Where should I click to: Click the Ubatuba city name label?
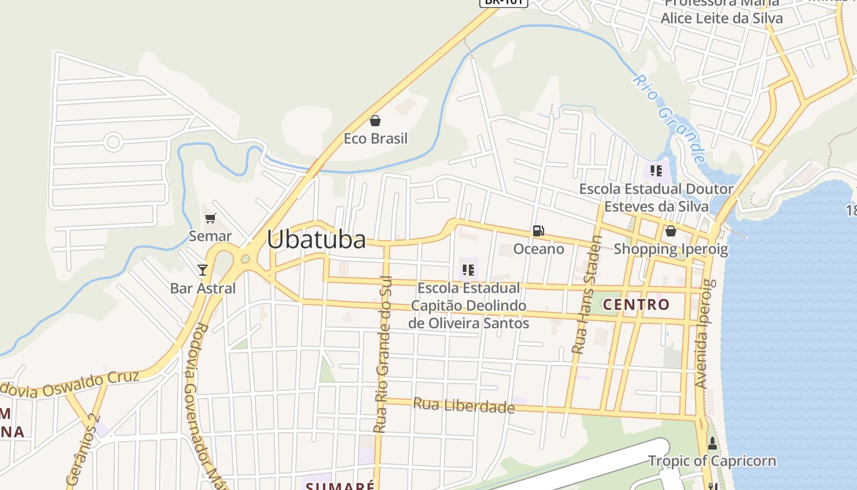tap(316, 239)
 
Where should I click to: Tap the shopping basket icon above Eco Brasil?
tap(375, 121)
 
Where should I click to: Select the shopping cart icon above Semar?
tap(211, 219)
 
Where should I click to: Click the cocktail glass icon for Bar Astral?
tap(203, 269)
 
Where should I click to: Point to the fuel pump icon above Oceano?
tap(539, 231)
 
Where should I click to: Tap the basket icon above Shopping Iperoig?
tap(671, 231)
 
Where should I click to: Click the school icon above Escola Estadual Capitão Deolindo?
tap(469, 269)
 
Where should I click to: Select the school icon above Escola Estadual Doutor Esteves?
tap(657, 170)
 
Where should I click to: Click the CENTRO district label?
tap(637, 304)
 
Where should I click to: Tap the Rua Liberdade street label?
tap(463, 405)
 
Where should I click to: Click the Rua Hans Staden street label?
tap(587, 295)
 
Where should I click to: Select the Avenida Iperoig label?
tap(705, 334)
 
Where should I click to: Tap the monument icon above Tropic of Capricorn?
tap(712, 443)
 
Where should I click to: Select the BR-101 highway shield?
tap(503, 2)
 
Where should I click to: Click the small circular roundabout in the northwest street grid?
tap(113, 142)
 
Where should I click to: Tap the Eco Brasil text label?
tap(375, 138)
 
